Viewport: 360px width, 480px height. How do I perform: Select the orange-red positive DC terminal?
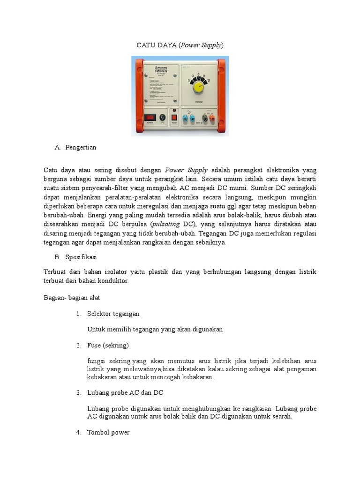tap(212, 119)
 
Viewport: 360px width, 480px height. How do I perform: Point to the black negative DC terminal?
tap(204, 119)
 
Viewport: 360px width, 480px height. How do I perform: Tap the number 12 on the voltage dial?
tap(209, 80)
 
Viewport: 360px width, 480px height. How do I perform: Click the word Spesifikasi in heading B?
tap(80, 257)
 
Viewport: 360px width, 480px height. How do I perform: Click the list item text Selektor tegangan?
tap(113, 313)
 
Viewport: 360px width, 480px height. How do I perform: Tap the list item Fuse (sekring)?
tap(108, 345)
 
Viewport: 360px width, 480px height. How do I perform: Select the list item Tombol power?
tap(108, 432)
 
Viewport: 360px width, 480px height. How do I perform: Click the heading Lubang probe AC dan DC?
tap(125, 392)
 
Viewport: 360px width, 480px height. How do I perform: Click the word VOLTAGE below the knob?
tap(198, 100)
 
